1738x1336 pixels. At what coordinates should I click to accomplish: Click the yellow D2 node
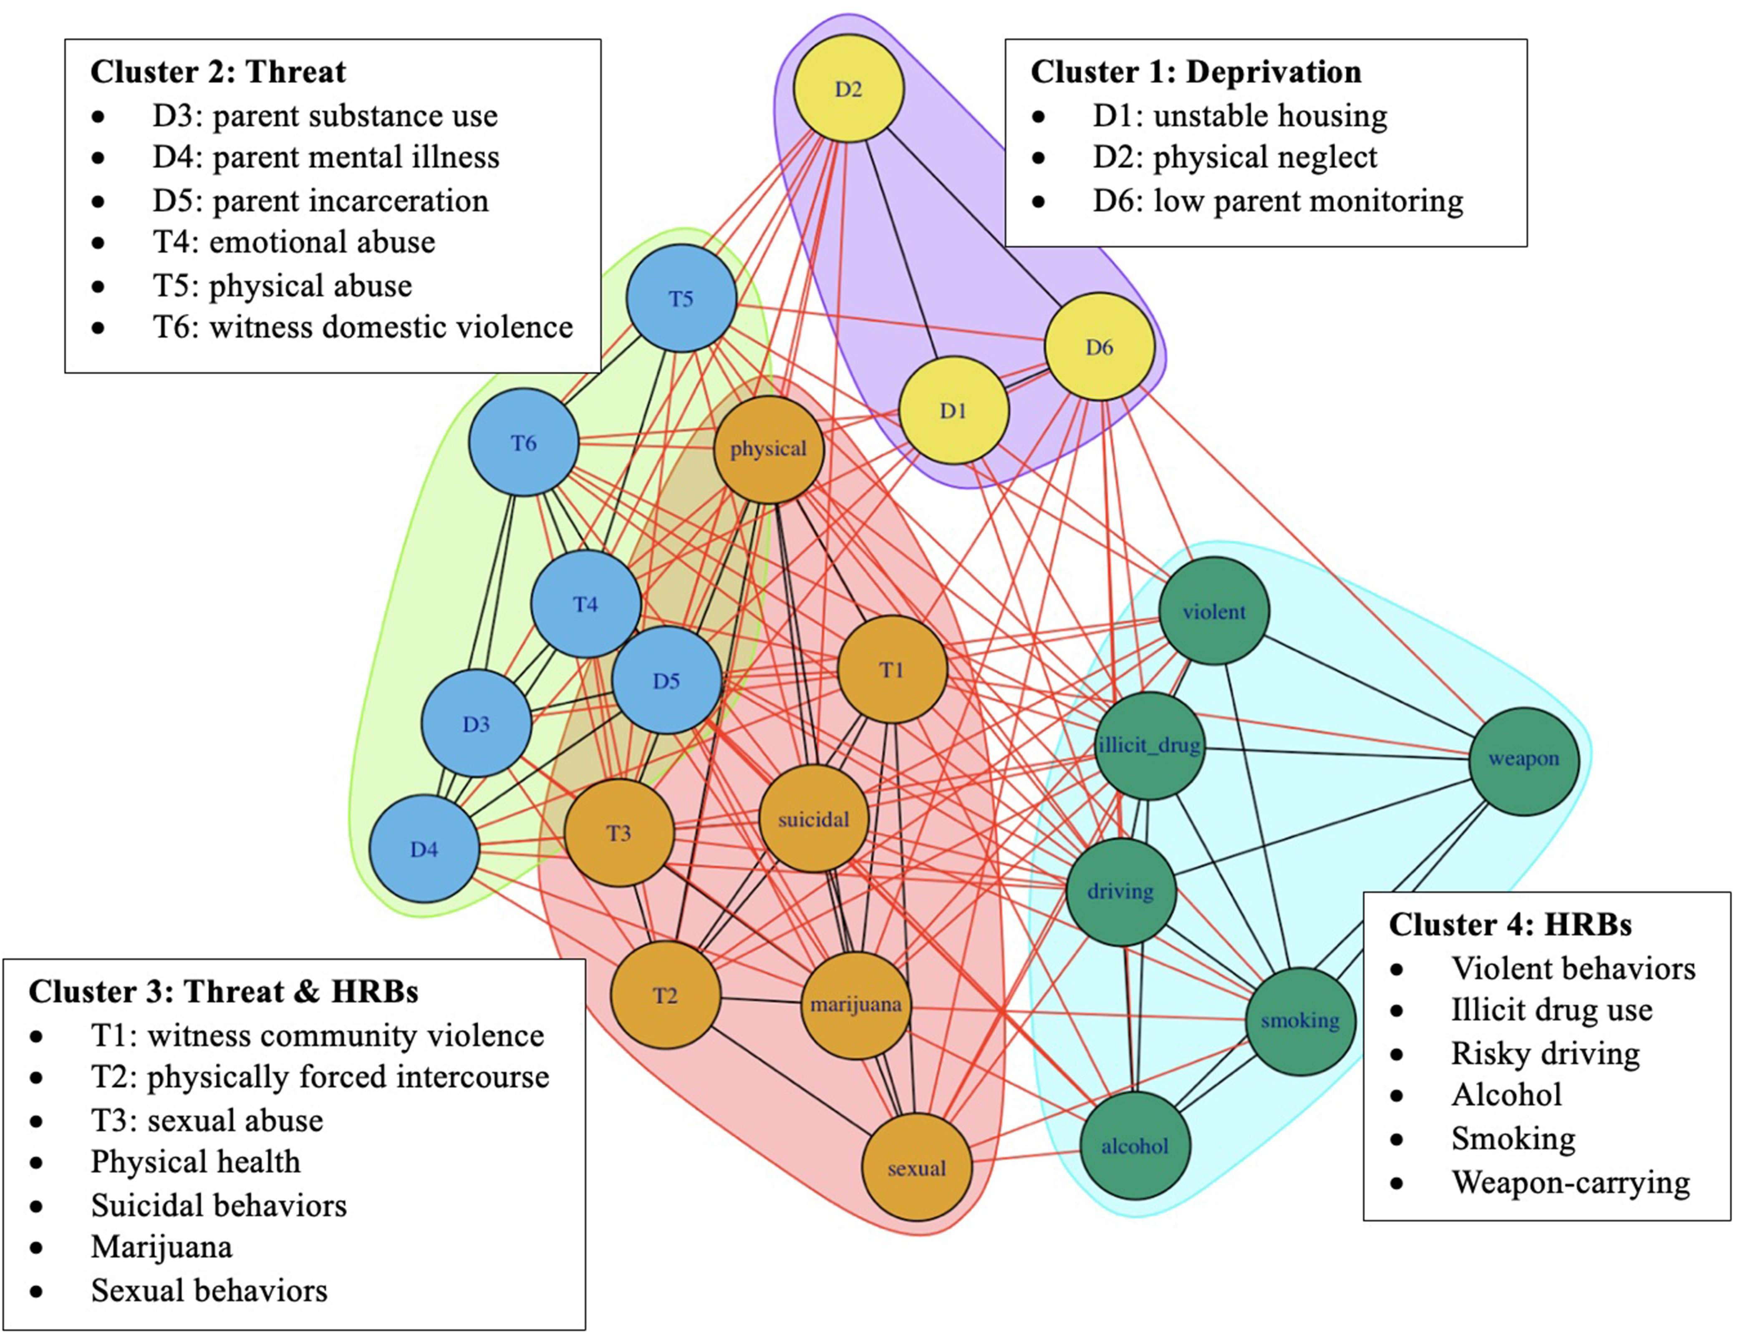tap(849, 88)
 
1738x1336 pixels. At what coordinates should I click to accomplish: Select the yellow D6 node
tap(1099, 347)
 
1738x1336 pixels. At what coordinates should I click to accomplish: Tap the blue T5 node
tap(681, 298)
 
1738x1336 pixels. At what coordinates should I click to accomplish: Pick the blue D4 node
tap(424, 849)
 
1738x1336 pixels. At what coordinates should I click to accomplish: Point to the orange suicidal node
tap(813, 819)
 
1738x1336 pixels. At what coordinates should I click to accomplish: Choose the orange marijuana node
tap(856, 1004)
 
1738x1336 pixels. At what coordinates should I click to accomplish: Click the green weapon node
tap(1523, 759)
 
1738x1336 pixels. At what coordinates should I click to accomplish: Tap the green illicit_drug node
tap(1149, 745)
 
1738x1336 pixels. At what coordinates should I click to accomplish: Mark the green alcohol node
tap(1135, 1146)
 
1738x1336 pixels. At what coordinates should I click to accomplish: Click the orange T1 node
tap(892, 670)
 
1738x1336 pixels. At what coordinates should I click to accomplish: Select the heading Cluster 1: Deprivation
tap(1196, 72)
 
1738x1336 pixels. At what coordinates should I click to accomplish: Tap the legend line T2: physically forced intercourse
tap(320, 1077)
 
